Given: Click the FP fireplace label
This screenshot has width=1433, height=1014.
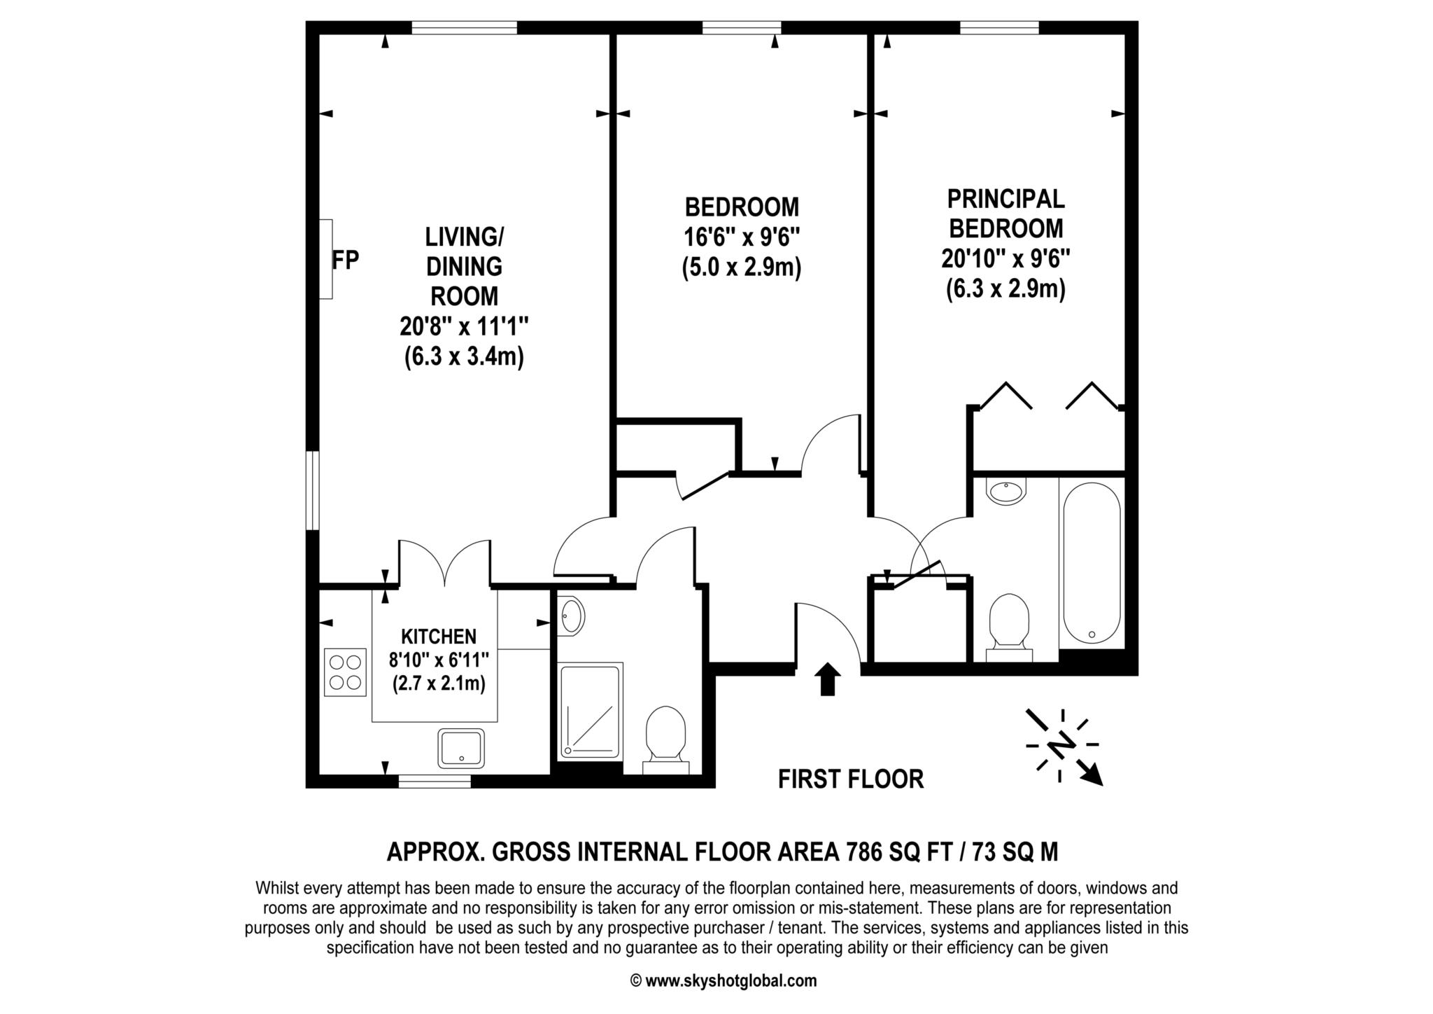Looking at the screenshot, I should pyautogui.click(x=345, y=260).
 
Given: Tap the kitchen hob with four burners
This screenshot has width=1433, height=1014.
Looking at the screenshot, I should pyautogui.click(x=345, y=672).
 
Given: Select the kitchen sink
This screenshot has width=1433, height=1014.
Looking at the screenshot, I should pyautogui.click(x=461, y=748).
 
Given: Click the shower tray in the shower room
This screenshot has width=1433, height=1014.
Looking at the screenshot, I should pyautogui.click(x=590, y=711).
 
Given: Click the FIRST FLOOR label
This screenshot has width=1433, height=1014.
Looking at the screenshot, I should pyautogui.click(x=851, y=779).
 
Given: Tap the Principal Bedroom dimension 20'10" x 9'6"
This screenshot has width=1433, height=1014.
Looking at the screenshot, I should pyautogui.click(x=1006, y=259).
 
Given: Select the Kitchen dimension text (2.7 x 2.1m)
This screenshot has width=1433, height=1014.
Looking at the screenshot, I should pyautogui.click(x=439, y=683).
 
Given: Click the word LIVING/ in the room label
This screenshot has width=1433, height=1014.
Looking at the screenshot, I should pyautogui.click(x=464, y=237).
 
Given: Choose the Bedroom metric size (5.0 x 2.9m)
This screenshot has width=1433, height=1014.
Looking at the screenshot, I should pyautogui.click(x=742, y=268).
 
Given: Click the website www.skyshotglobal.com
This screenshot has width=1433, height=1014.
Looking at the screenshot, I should pyautogui.click(x=730, y=980).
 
